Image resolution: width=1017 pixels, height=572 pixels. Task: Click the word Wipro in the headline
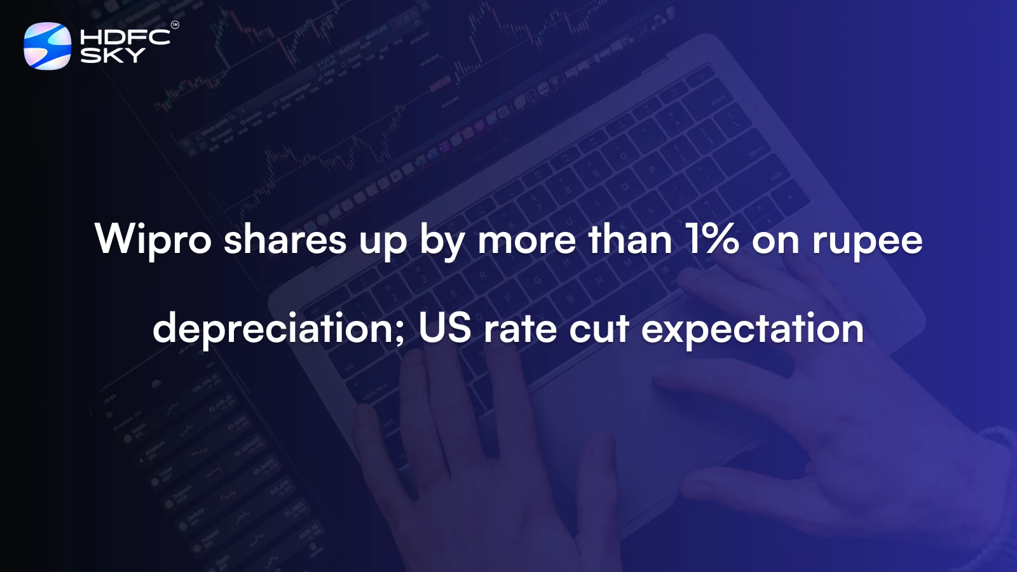tap(153, 240)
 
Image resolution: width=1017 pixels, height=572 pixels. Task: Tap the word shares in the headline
tap(285, 240)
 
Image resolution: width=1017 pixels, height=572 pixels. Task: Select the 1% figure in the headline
tap(712, 240)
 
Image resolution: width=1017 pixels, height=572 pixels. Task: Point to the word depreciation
tap(274, 329)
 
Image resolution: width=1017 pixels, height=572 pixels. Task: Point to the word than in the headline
tap(630, 240)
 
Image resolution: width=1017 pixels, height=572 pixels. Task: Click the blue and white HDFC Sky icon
tap(47, 46)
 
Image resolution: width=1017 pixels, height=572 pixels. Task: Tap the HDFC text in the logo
tap(125, 37)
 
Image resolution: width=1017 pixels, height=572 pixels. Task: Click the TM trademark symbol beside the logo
tap(175, 25)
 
